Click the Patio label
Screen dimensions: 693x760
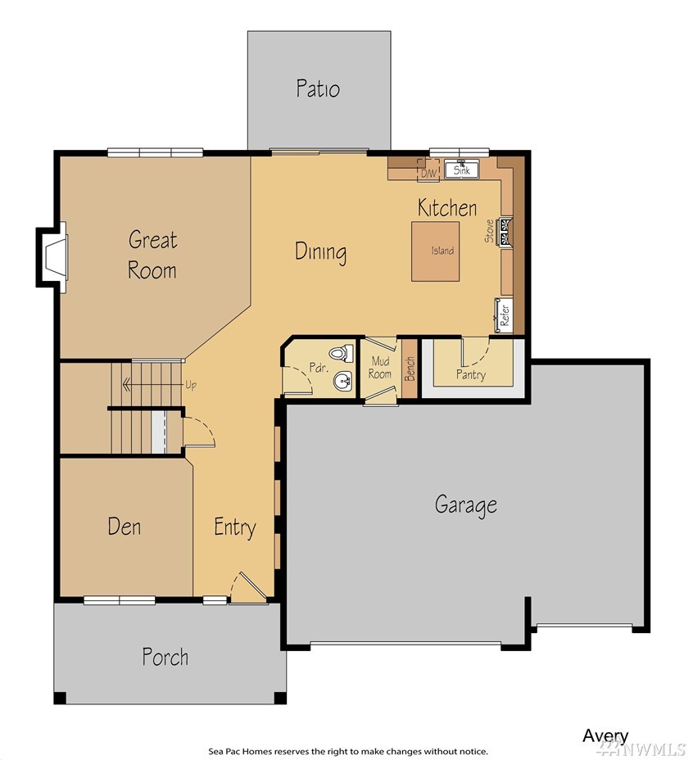click(318, 88)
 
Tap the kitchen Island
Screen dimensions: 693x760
click(436, 251)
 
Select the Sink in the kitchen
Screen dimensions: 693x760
click(462, 170)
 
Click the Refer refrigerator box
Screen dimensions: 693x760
click(504, 315)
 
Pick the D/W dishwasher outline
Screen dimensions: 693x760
click(428, 170)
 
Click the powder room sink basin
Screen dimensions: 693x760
click(343, 381)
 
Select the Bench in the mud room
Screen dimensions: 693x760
click(410, 369)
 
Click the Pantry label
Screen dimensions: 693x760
click(470, 374)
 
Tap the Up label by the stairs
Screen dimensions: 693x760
click(191, 386)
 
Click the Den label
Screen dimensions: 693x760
click(125, 527)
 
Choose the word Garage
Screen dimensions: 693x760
click(465, 505)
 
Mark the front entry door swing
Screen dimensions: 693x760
click(248, 588)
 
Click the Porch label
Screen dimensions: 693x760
click(165, 657)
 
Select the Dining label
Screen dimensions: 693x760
click(320, 252)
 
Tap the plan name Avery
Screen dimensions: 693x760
click(605, 736)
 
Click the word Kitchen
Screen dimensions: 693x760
click(447, 208)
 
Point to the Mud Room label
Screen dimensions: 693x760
click(380, 368)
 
